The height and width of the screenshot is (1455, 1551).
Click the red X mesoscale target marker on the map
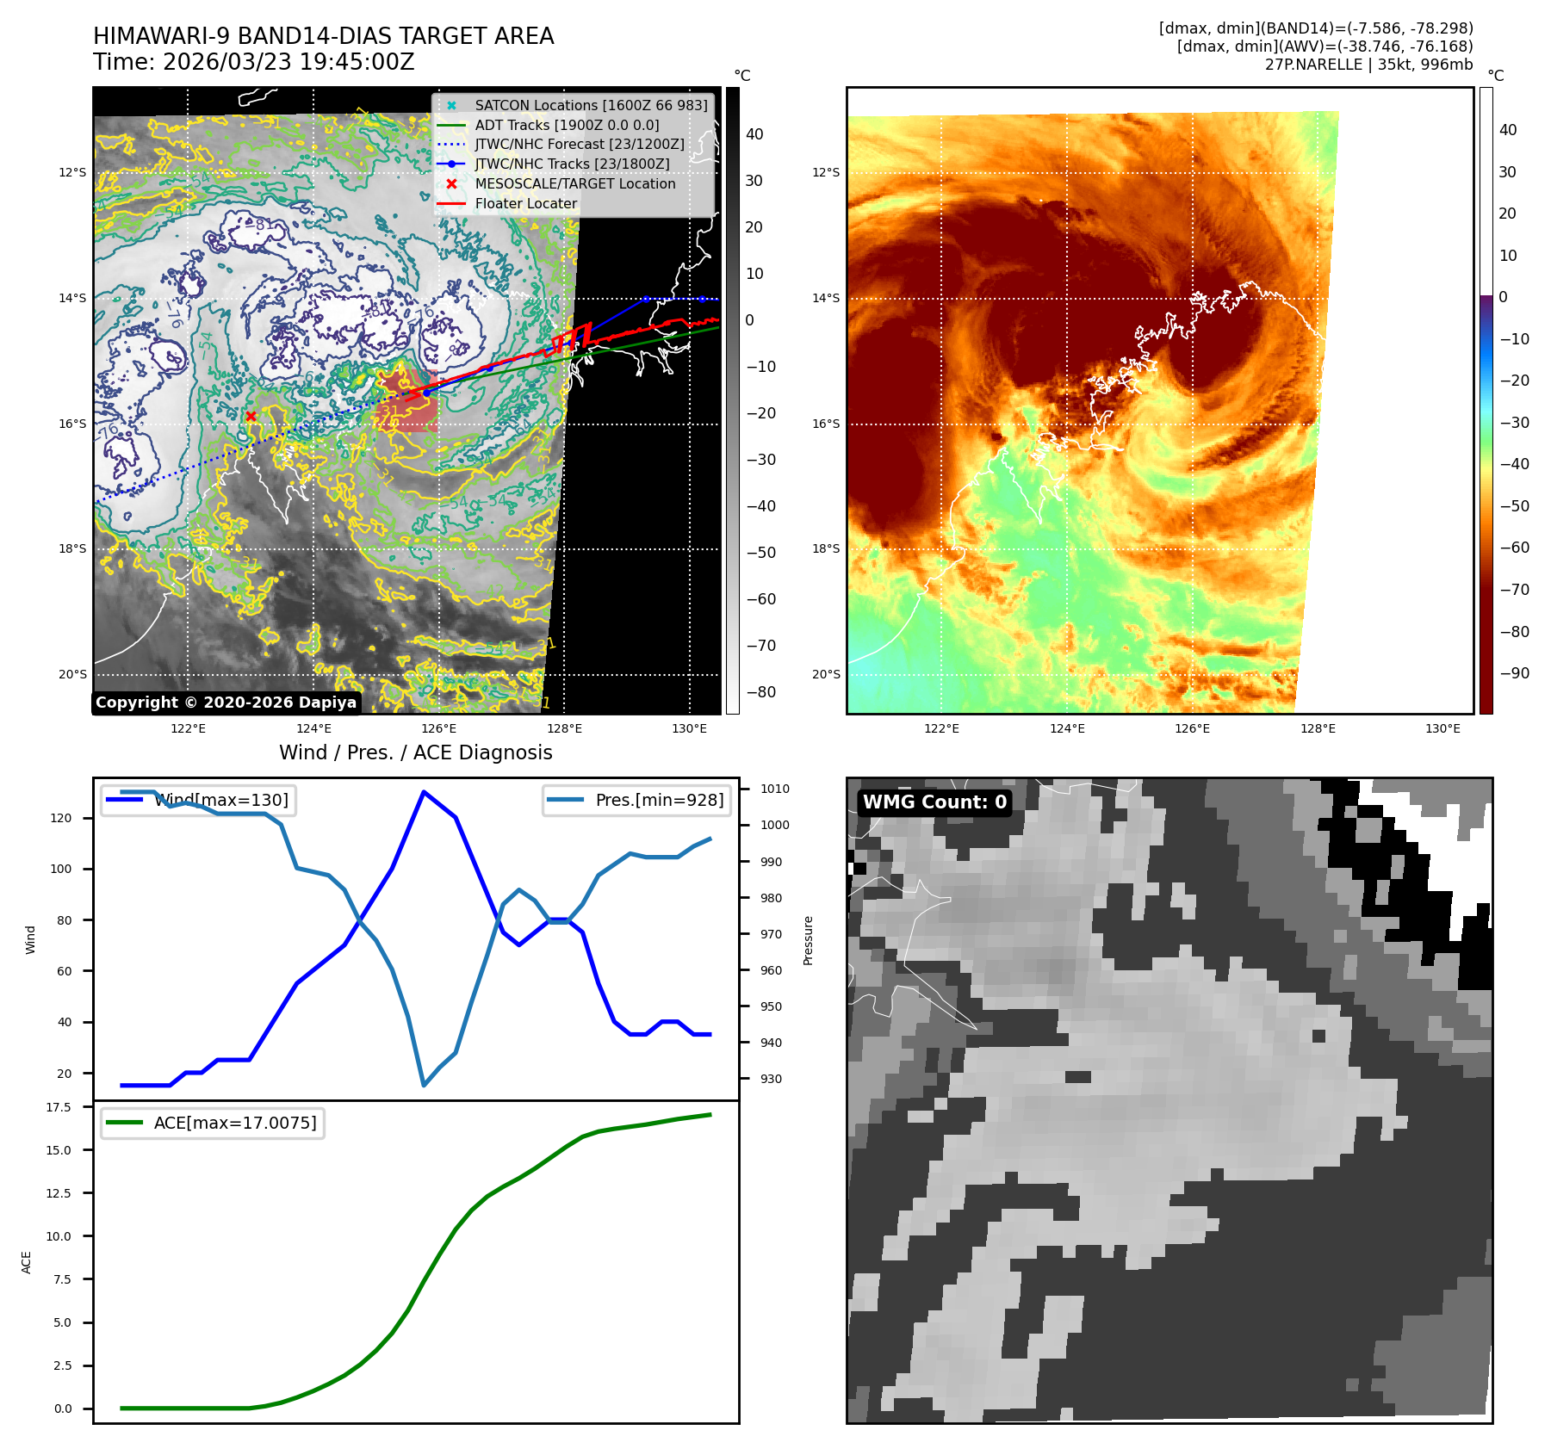[x=251, y=417]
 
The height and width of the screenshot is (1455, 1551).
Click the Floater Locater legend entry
[x=525, y=203]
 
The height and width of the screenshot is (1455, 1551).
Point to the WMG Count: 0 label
[x=934, y=802]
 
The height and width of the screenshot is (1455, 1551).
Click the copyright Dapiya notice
[x=226, y=703]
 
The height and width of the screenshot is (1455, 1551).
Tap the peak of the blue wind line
[x=424, y=791]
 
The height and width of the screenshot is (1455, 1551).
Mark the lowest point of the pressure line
[x=424, y=1085]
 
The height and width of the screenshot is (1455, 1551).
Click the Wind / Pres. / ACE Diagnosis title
[x=416, y=752]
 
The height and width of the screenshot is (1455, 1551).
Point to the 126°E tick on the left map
[x=438, y=728]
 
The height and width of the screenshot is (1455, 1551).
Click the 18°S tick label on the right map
[x=825, y=549]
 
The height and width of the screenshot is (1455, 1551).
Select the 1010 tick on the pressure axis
[x=775, y=789]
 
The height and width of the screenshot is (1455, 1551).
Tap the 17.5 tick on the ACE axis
[x=59, y=1107]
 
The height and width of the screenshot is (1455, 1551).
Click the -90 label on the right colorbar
[x=1515, y=673]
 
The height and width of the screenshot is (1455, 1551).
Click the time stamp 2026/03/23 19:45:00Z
[x=288, y=63]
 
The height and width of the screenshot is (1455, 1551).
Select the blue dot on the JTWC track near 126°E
[x=426, y=393]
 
